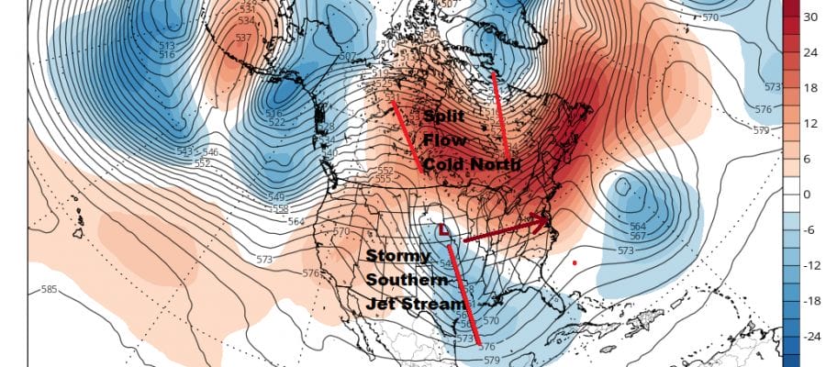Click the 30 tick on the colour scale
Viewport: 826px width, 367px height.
(810, 17)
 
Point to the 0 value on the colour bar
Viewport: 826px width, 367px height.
(808, 195)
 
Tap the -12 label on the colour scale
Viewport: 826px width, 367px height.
(809, 265)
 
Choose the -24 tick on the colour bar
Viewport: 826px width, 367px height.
(809, 337)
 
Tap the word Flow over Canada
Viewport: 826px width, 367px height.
(444, 140)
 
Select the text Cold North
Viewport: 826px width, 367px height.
(470, 164)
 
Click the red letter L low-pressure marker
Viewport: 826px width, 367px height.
(444, 229)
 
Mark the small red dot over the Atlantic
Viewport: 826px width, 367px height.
(574, 262)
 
